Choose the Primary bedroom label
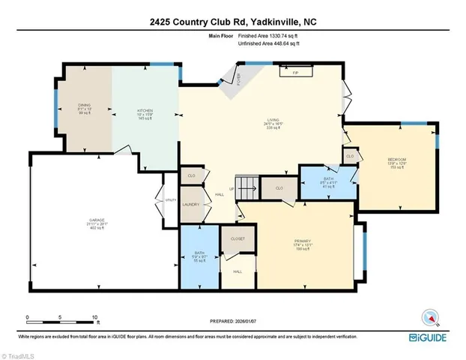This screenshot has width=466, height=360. click(x=302, y=241)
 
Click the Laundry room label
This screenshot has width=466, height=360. click(x=190, y=204)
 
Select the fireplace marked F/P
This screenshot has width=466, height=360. click(x=296, y=72)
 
